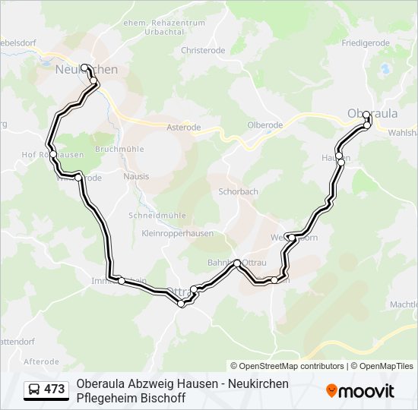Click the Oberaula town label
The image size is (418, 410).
coord(372,113)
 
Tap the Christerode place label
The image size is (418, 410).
coord(203,50)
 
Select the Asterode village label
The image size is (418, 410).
coord(183,128)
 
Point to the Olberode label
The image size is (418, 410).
coord(264,125)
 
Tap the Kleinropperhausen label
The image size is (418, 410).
coord(177,233)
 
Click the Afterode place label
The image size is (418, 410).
coord(41,361)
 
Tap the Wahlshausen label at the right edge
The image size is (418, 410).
coord(402,132)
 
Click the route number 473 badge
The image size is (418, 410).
coord(54,389)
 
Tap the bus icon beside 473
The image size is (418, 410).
coord(34,389)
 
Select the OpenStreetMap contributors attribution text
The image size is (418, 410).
coord(287,366)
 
